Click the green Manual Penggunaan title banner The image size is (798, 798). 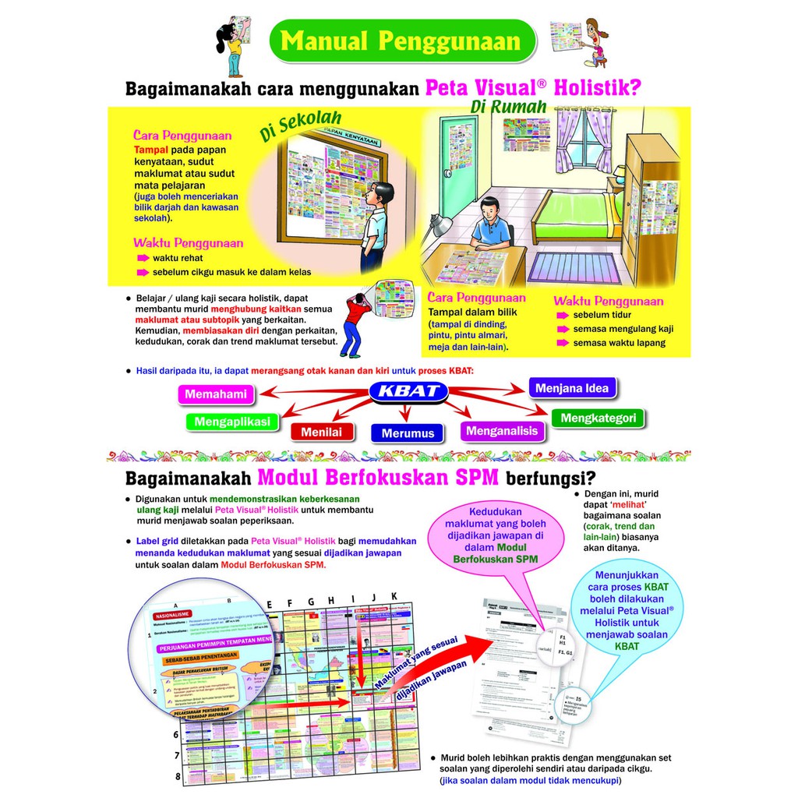(402, 41)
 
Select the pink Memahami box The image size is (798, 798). (215, 394)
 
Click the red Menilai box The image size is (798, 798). (322, 432)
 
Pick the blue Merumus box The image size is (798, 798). (408, 433)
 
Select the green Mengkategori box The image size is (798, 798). (599, 418)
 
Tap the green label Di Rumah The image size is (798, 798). (508, 107)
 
